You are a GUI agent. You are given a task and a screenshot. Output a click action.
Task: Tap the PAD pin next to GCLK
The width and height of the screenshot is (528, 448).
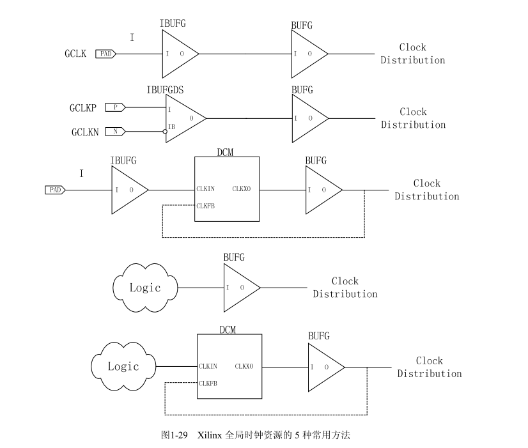click(x=106, y=54)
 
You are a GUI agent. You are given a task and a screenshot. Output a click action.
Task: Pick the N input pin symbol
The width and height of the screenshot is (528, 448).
click(x=115, y=132)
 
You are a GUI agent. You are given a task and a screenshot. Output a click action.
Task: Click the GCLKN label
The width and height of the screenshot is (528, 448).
click(x=84, y=132)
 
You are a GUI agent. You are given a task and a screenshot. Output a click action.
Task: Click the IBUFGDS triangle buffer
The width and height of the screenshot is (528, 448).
click(x=183, y=118)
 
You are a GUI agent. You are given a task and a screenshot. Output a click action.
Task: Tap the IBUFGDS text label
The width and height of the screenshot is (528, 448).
click(x=166, y=90)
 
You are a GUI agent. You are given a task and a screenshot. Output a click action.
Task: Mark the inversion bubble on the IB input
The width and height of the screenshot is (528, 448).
click(x=165, y=132)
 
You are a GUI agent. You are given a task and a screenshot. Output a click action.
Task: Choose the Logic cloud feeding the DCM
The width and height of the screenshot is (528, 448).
click(x=123, y=367)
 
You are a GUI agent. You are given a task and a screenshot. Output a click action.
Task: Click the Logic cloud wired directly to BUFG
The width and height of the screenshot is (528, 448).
click(x=144, y=288)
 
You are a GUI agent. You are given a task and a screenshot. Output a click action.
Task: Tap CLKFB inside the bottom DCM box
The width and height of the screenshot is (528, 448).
click(x=208, y=383)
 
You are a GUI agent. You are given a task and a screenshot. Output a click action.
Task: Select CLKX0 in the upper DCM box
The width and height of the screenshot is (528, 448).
click(x=242, y=189)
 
